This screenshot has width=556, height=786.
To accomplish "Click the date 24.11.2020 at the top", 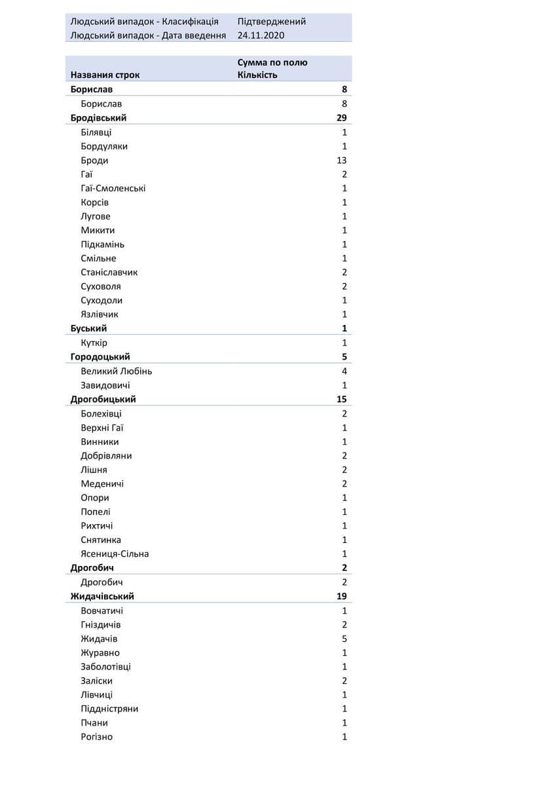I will pos(261,35).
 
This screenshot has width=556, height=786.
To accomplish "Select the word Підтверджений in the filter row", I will pos(271,22).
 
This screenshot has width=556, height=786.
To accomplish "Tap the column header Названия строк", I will pos(105,75).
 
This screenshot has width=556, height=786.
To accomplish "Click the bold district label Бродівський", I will pos(98,118).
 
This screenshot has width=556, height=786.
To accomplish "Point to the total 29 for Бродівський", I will pos(341,118).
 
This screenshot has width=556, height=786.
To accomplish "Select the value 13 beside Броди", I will pos(341,160).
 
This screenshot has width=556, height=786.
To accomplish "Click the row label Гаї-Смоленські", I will pos(113,189).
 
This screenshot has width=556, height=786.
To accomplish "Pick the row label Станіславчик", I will pos(109,272).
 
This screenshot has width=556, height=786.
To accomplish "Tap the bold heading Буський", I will pos(88,329).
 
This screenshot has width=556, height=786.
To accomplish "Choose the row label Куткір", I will pos(94,343).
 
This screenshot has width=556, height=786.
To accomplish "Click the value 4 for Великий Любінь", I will pos(344,371).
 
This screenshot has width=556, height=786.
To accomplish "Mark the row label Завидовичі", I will pos(105,386).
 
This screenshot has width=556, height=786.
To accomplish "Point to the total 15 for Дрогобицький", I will pos(341,400).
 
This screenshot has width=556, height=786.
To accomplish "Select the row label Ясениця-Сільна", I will pos(115,554).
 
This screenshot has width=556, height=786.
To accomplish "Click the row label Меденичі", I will pos(102,484).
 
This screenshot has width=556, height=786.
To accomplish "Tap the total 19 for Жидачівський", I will pos(341,597).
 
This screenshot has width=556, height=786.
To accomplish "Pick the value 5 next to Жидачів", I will pos(344,639).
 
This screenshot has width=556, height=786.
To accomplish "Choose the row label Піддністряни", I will pos(109,709).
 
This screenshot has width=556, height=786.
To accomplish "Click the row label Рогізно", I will pos(97,737).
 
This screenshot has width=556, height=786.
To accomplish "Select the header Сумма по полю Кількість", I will pos(272,69).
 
